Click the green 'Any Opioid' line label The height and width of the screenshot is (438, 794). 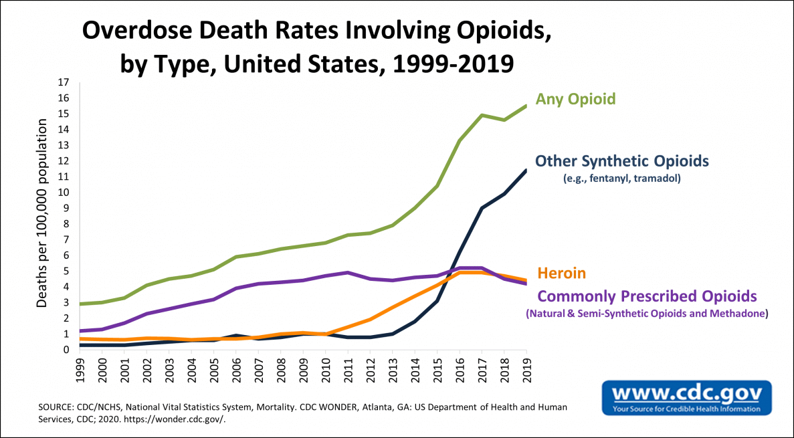tap(575, 99)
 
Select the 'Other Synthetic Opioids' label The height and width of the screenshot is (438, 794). tap(622, 161)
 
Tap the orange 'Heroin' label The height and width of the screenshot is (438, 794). tap(562, 273)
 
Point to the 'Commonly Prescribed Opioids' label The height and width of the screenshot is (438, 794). tap(647, 296)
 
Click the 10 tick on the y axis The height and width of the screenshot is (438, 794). tap(64, 193)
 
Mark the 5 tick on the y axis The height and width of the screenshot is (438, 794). tap(67, 271)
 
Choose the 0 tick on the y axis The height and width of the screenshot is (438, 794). tap(67, 350)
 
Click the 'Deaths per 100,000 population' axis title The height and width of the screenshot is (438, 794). tap(42, 214)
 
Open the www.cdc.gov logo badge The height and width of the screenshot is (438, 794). tap(686, 397)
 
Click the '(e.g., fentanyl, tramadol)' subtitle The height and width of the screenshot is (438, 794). tap(621, 178)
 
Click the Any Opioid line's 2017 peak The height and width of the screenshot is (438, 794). tap(482, 115)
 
